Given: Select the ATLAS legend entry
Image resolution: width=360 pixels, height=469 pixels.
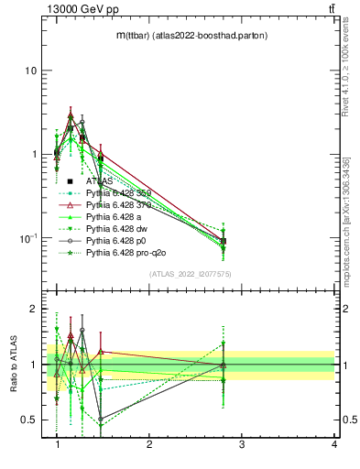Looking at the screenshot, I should tap(98, 181).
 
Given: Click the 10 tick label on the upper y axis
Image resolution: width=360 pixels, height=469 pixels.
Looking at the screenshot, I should tap(30, 71).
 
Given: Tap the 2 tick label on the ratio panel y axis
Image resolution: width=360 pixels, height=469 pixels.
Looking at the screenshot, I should tap(33, 310).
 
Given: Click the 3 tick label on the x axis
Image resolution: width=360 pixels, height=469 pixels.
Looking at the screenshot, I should tap(242, 444).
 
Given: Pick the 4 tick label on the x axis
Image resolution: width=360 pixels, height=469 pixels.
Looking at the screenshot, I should tap(333, 444).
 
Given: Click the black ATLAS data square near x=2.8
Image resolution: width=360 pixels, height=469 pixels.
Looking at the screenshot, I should tap(224, 241).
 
